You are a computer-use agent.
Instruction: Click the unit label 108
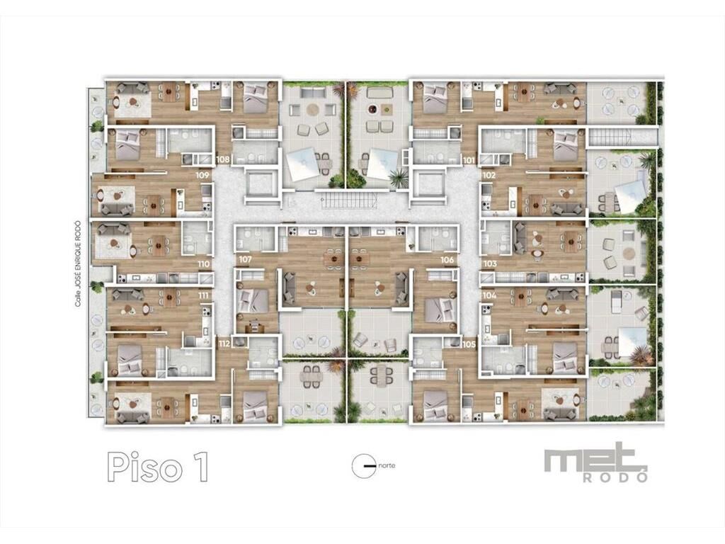[223, 159]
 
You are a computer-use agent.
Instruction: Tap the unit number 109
[202, 176]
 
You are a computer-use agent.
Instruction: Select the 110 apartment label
[203, 264]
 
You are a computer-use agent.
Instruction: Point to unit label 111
[203, 295]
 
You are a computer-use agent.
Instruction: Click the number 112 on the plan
[224, 344]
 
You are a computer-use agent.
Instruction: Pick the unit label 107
[245, 259]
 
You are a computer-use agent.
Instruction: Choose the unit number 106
[447, 259]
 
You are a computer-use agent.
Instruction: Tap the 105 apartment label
[469, 344]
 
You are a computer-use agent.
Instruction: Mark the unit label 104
[489, 295]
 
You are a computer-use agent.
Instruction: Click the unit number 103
[490, 263]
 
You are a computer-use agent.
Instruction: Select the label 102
[489, 176]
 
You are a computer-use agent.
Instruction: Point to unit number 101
[469, 161]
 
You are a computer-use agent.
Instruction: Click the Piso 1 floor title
[158, 467]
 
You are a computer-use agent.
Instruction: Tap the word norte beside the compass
[387, 465]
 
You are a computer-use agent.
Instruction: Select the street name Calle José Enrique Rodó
[78, 263]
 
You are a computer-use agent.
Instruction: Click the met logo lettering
[595, 458]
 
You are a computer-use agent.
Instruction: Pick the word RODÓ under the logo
[615, 477]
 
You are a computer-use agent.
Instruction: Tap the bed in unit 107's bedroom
[253, 300]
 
